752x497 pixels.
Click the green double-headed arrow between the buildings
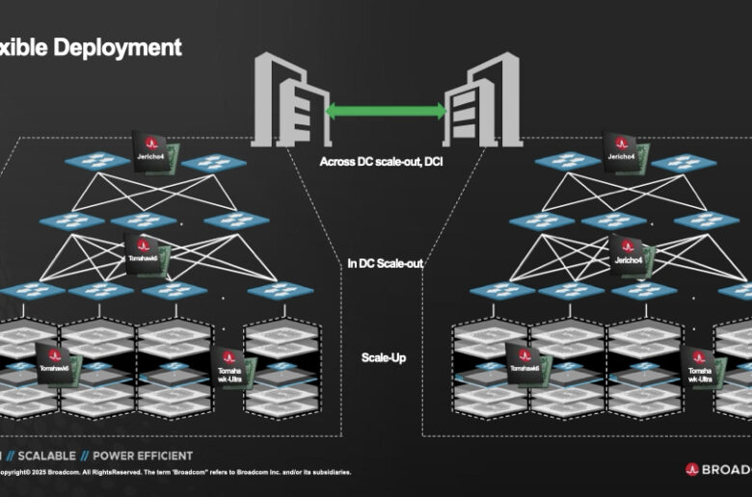click(386, 111)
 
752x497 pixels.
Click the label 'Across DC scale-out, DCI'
click(382, 162)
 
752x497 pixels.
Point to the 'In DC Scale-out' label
click(386, 262)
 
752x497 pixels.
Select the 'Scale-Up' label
click(383, 357)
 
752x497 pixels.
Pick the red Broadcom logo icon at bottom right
click(691, 469)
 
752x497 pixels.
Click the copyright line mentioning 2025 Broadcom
click(174, 472)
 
